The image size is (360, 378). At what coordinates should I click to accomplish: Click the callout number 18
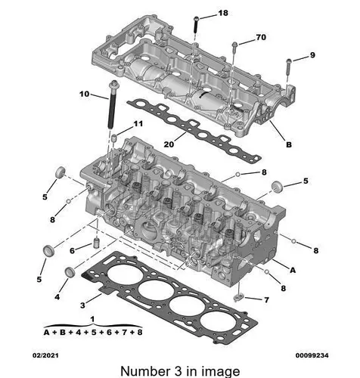tap(223, 13)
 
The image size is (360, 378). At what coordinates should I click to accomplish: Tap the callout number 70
tap(261, 37)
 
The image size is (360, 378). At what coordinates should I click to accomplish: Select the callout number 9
tap(312, 55)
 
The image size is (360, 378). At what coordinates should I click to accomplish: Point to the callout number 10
tap(85, 94)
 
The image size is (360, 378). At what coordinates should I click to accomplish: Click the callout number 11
tap(138, 124)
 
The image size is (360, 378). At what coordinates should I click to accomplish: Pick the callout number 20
tap(169, 144)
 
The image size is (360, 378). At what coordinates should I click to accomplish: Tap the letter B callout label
tap(289, 144)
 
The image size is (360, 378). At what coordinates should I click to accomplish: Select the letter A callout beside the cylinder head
tap(293, 270)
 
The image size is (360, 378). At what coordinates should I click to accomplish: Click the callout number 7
tap(266, 300)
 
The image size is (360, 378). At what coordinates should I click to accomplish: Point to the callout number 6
tap(72, 251)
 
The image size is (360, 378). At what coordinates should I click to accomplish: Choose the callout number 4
tap(57, 297)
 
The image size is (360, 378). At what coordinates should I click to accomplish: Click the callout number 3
tap(82, 305)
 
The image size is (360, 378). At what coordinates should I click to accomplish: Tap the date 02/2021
tap(45, 355)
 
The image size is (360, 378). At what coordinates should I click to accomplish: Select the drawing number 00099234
tap(312, 355)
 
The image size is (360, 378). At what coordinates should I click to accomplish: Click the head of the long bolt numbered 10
tap(114, 84)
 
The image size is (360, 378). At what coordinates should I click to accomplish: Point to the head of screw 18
tap(197, 18)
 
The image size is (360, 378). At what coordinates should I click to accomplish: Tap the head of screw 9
tap(289, 60)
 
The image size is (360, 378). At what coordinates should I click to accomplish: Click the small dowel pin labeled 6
tap(96, 243)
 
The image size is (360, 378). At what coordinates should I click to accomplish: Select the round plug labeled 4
tap(70, 272)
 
